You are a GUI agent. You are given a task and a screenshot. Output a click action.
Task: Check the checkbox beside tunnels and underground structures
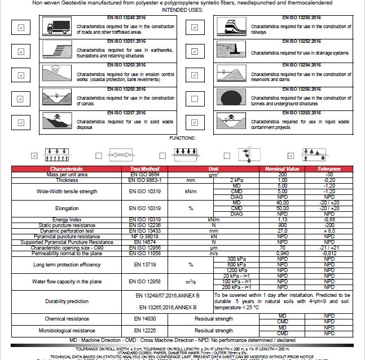click(195, 99)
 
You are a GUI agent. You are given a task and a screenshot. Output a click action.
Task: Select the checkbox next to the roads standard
click(21, 27)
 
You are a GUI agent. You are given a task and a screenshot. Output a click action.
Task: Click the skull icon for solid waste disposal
click(57, 121)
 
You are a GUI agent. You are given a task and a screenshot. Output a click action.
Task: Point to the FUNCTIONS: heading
click(182, 137)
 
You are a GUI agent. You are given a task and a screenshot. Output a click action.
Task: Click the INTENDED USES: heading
click(182, 10)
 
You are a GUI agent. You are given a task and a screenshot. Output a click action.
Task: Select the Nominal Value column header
click(283, 169)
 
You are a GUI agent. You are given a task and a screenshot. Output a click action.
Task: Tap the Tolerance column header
click(329, 169)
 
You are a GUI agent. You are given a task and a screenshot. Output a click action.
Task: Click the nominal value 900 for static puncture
click(283, 225)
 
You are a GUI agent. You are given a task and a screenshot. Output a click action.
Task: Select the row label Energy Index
click(67, 219)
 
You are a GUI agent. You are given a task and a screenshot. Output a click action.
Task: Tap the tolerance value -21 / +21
click(329, 247)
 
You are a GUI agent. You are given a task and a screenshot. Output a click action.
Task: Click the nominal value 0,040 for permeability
click(283, 253)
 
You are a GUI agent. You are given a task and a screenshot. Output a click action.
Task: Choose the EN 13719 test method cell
click(140, 264)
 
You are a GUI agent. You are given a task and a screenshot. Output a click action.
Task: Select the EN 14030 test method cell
click(140, 319)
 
